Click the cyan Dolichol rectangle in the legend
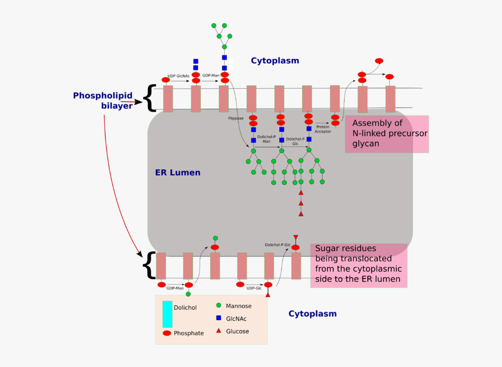click(x=167, y=314)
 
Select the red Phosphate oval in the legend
click(x=167, y=333)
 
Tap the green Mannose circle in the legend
click(x=219, y=306)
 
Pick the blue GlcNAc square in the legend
click(x=219, y=318)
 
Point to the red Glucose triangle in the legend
click(x=219, y=331)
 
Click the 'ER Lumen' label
click(x=177, y=173)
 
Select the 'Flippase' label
click(x=235, y=118)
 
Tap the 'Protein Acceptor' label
click(x=322, y=129)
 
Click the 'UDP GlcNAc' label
click(x=178, y=76)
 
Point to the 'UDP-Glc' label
click(x=254, y=288)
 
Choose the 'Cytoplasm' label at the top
click(x=274, y=61)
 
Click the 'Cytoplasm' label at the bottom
click(x=312, y=314)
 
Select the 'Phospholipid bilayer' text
click(x=103, y=100)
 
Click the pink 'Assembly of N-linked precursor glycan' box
click(x=387, y=134)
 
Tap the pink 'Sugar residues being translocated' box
click(x=359, y=265)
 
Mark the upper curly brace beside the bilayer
click(x=149, y=98)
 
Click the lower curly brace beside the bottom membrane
click(x=148, y=265)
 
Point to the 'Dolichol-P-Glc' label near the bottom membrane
click(x=277, y=245)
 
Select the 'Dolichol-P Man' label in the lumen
click(x=266, y=139)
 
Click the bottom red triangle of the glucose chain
click(x=301, y=214)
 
